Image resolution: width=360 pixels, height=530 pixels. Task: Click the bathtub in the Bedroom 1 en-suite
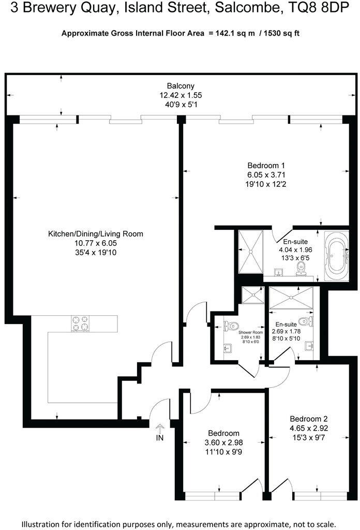pos(337,254)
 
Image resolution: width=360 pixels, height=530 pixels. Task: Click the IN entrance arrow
pos(160,428)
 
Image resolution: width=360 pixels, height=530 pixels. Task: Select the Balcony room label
pos(181,86)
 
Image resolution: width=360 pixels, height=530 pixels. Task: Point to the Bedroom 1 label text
pos(265,166)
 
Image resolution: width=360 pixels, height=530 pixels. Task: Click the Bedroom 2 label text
pos(309,419)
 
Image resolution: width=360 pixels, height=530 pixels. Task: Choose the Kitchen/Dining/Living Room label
pos(96,234)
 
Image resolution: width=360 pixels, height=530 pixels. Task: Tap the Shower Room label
pos(250,332)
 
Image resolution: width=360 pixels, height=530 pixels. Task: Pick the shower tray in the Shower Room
pos(253,296)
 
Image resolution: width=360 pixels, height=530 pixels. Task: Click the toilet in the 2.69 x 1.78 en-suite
pos(309,322)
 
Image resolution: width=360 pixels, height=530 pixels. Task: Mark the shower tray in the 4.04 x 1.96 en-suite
pos(250,252)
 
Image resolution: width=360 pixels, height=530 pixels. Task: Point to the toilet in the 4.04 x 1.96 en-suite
pos(302,268)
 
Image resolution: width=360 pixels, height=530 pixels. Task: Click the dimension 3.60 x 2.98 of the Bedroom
pos(223,443)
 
